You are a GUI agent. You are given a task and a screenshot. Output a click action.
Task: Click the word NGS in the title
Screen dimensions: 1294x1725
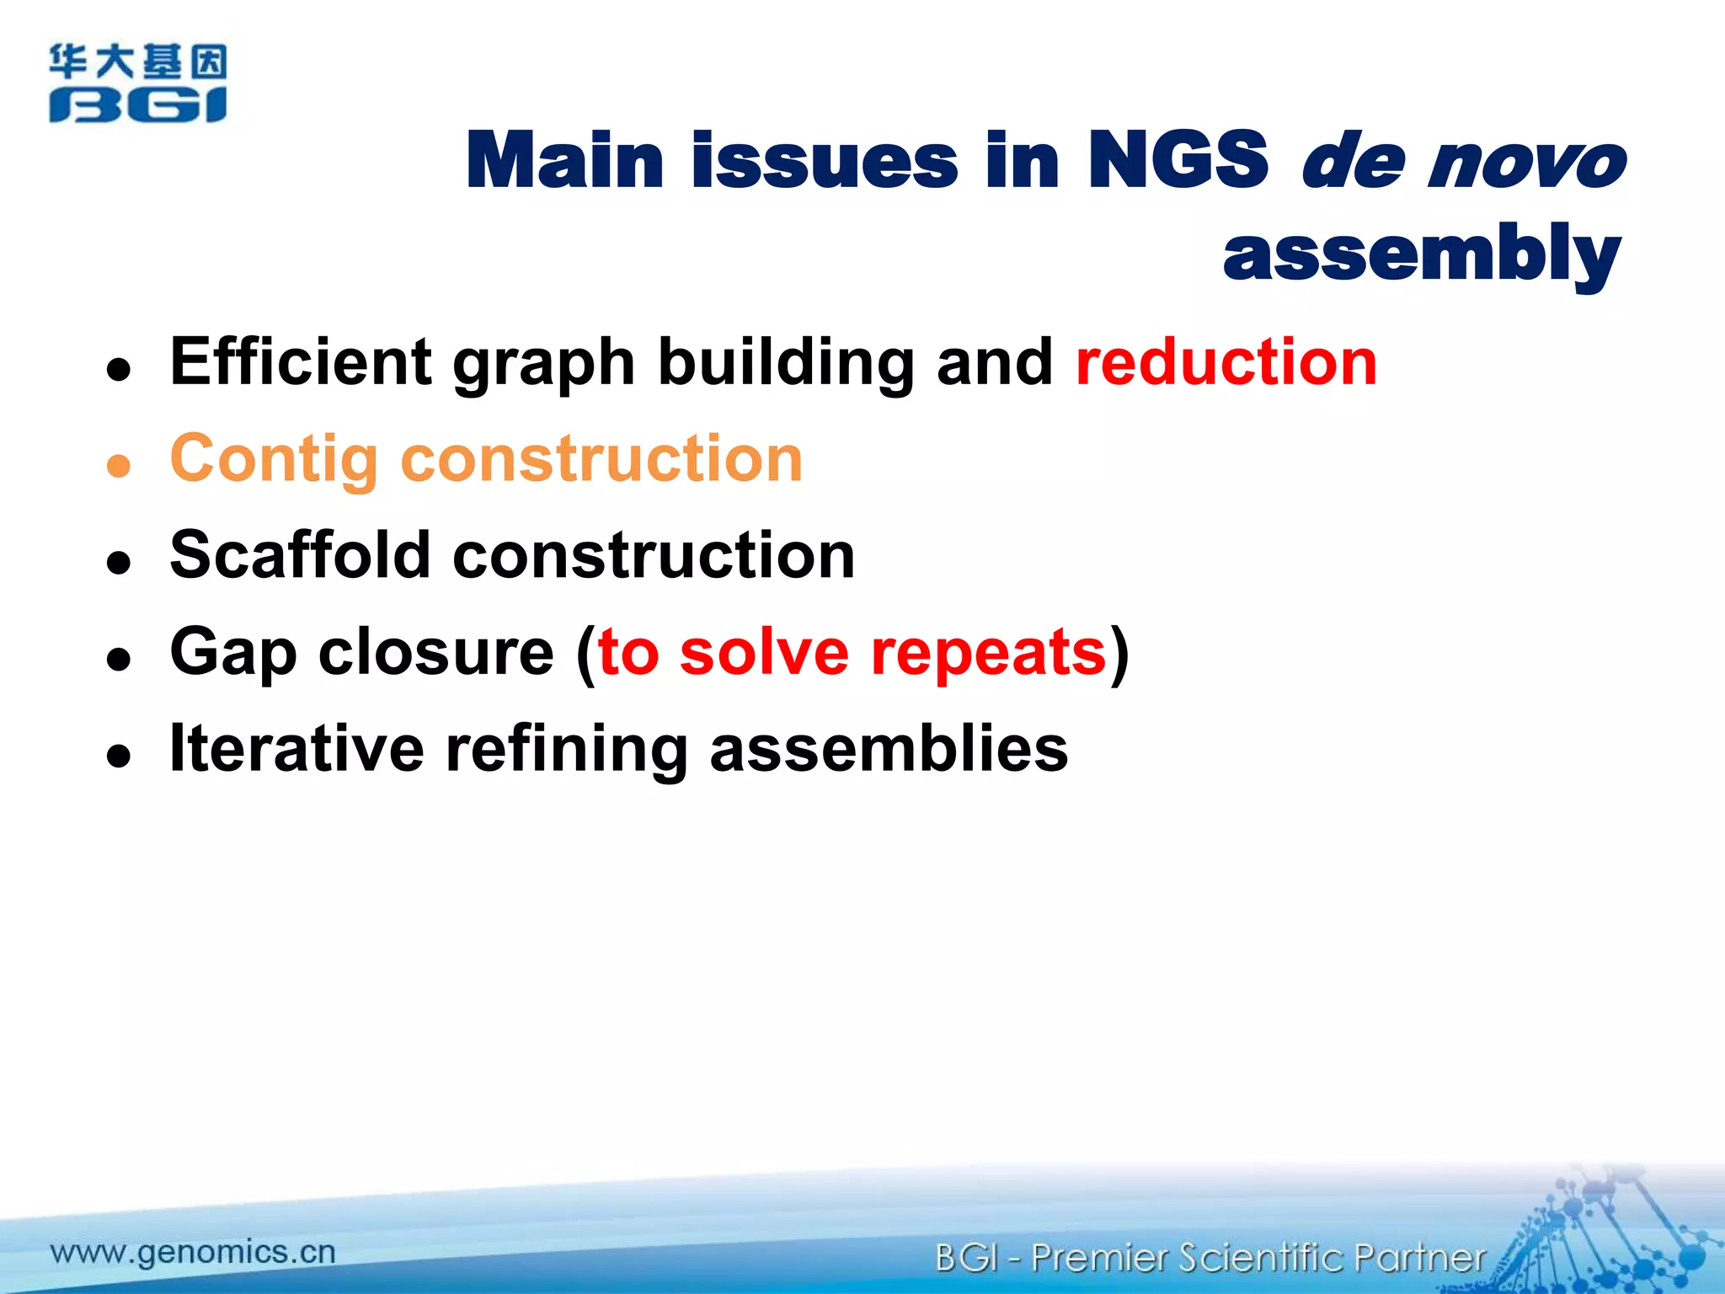(x=1177, y=160)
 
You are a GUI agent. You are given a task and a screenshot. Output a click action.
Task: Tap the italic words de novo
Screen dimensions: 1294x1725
(x=1463, y=160)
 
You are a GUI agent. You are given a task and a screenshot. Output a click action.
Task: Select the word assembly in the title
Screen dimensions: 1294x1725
(x=1421, y=254)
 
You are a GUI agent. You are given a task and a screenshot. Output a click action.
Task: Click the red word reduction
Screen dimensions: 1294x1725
(x=1226, y=362)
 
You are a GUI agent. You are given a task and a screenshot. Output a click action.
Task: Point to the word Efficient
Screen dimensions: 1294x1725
(x=301, y=362)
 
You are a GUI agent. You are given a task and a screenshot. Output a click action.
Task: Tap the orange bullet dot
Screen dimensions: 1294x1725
(x=119, y=466)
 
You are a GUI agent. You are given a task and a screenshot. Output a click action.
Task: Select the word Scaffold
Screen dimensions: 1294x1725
(x=301, y=556)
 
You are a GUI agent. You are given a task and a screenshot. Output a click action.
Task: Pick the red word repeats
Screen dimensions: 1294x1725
(x=988, y=653)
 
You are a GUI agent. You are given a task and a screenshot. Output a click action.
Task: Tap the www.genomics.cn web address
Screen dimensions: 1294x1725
(x=193, y=1252)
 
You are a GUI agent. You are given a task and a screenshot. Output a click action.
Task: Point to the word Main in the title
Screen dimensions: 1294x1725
(x=565, y=160)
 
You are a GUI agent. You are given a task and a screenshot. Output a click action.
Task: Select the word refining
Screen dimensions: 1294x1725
(x=567, y=750)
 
